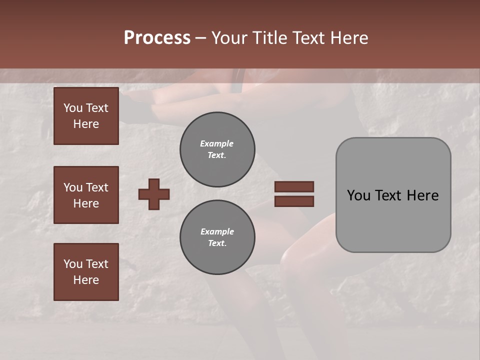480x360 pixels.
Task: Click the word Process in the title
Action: [157, 38]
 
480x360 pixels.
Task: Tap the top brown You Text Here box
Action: [86, 116]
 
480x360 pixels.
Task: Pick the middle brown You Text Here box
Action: [86, 195]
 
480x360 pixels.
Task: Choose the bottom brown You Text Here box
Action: [86, 271]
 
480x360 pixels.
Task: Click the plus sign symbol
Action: [154, 194]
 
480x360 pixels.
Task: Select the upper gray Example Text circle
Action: [217, 149]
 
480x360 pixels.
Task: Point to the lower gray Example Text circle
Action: [217, 237]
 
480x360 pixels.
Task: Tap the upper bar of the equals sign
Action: [294, 187]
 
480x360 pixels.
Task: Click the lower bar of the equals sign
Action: [294, 201]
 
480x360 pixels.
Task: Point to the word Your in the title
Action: [228, 38]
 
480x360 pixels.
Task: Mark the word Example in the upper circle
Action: [217, 143]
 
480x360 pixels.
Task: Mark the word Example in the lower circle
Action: [217, 231]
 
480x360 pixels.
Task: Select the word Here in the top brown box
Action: [86, 124]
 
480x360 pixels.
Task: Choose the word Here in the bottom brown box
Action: [86, 280]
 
